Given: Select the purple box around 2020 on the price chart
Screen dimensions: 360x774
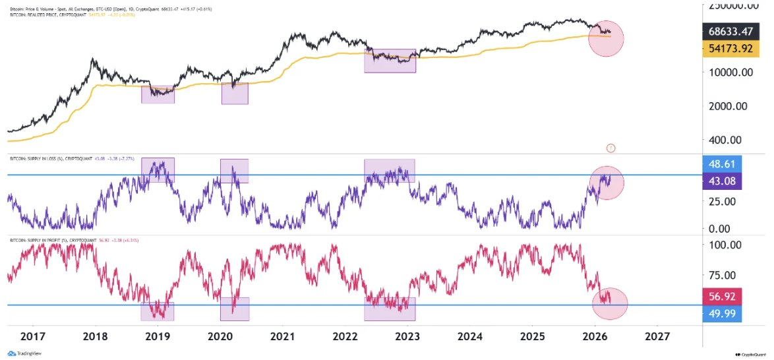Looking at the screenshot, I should pos(235,94).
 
